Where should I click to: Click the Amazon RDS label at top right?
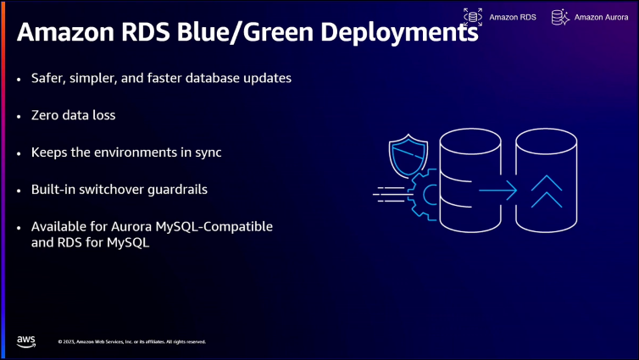(x=512, y=16)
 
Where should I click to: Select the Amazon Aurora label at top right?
(x=602, y=16)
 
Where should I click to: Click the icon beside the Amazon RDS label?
(x=472, y=16)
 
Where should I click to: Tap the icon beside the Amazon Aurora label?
(x=559, y=16)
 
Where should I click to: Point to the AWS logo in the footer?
(x=25, y=341)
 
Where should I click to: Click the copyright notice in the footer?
(x=131, y=341)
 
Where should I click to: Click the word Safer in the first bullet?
(x=49, y=78)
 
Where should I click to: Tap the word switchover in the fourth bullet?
(x=108, y=189)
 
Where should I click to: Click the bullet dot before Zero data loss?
(x=19, y=115)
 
